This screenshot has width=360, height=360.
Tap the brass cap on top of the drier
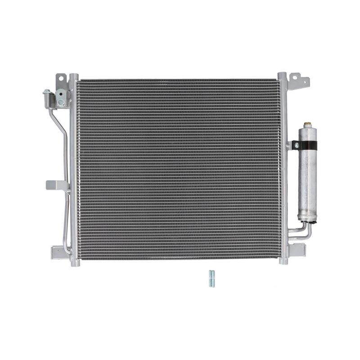[x=308, y=124]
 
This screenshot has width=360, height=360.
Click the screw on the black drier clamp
[x=296, y=145]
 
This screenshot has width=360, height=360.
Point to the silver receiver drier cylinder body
[x=308, y=180]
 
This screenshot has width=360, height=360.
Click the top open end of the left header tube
[x=73, y=76]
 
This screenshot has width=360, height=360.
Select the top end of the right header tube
[x=282, y=75]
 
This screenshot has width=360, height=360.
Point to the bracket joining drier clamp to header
[x=290, y=145]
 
